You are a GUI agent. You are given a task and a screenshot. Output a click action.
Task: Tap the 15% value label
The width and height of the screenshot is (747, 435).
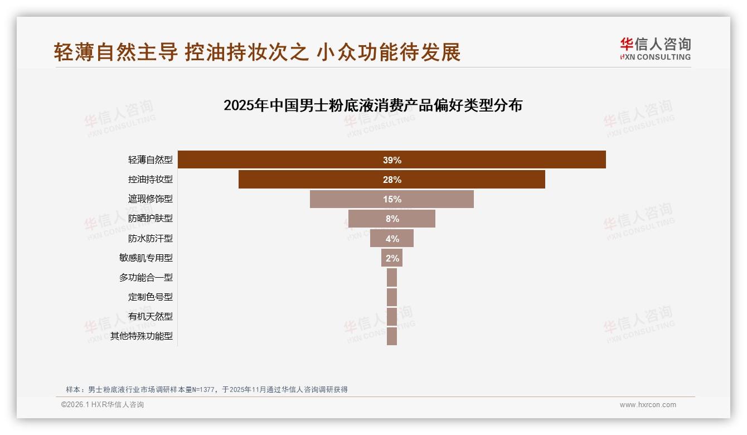392,199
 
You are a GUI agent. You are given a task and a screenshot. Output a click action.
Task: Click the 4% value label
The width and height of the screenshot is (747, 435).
392,239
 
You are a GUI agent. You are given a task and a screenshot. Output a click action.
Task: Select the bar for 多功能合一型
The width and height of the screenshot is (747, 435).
392,277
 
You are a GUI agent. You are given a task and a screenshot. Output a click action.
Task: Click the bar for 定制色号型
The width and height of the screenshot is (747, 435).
392,297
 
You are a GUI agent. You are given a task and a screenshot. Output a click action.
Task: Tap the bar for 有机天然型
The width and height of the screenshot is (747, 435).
392,316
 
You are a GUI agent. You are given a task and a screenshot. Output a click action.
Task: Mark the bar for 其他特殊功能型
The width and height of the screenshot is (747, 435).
392,336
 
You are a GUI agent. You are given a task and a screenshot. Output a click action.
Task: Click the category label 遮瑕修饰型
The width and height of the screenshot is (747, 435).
150,199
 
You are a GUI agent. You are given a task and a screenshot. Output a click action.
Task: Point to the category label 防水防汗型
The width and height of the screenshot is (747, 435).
150,239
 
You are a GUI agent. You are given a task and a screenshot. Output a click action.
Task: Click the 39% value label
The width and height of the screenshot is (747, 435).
392,160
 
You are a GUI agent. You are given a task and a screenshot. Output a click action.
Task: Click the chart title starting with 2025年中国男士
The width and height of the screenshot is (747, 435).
372,105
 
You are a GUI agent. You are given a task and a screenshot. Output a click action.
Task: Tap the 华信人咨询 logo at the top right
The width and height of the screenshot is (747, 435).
655,49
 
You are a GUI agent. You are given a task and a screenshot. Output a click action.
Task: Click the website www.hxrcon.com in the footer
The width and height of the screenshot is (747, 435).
648,405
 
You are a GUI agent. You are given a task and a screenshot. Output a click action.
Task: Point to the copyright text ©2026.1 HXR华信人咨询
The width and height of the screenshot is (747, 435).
103,405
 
